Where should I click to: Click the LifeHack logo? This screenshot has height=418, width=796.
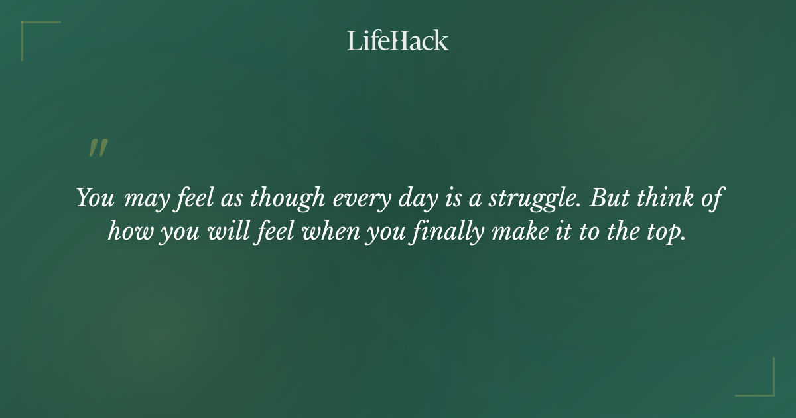pyautogui.click(x=398, y=40)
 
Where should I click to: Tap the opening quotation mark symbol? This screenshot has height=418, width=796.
pyautogui.click(x=98, y=148)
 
